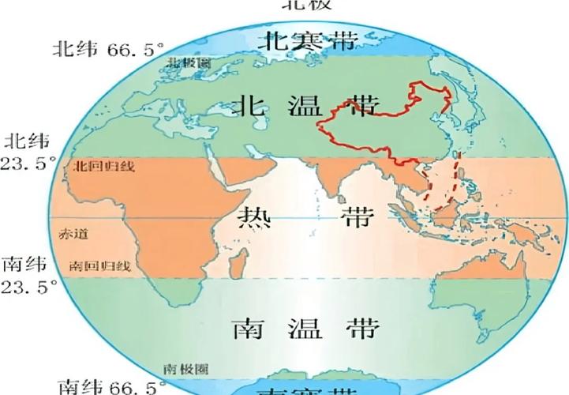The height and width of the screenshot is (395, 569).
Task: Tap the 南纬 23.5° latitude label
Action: [x=29, y=274]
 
